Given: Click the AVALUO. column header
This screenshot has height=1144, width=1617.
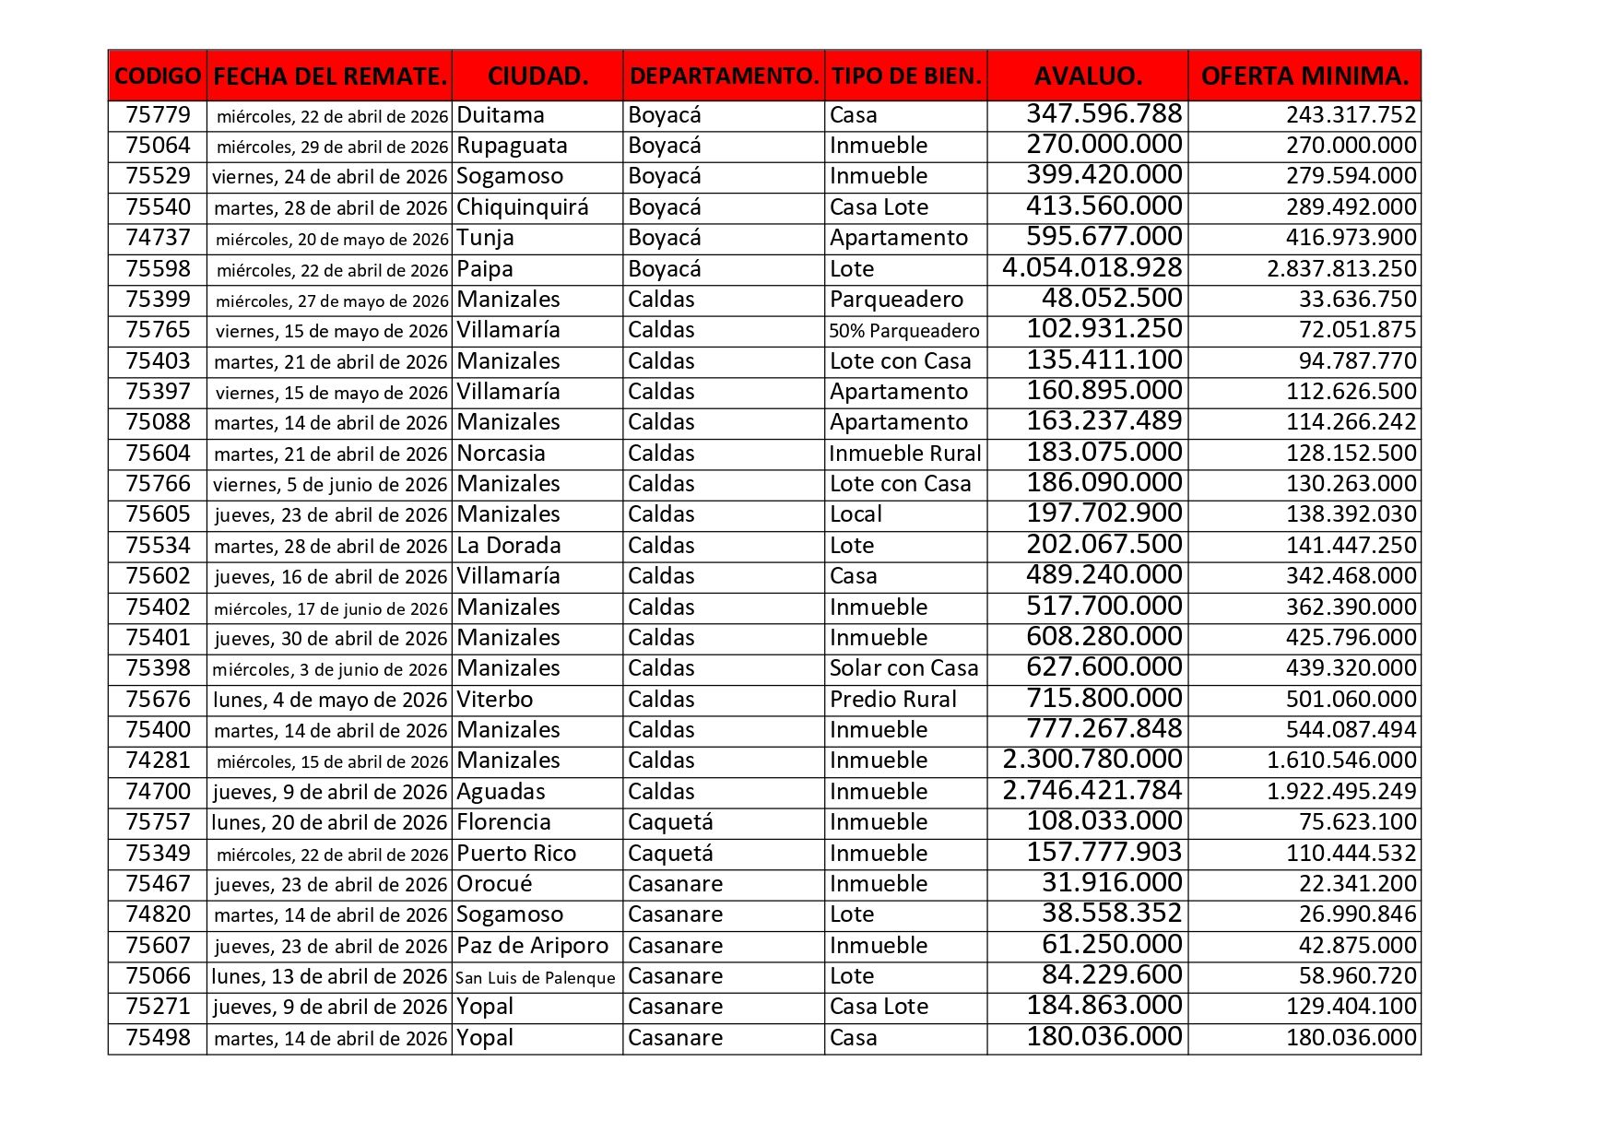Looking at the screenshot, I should tap(1087, 76).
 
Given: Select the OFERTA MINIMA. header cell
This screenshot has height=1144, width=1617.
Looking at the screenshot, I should tap(1304, 76).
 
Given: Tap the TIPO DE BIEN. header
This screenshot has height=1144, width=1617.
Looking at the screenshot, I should tap(905, 76).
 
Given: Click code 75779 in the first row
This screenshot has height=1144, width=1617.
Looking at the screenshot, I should tap(158, 115).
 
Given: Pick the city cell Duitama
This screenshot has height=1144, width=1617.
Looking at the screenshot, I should tap(501, 115).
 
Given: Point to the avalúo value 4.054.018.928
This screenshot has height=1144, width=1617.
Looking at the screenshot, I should tap(1092, 268).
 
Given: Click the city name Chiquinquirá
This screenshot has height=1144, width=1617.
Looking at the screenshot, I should tap(522, 207).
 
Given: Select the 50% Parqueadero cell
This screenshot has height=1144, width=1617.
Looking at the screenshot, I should tap(903, 331).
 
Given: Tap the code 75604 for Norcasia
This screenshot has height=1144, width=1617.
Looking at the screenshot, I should tap(158, 454).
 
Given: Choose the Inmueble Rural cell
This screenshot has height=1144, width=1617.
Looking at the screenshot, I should tap(904, 454).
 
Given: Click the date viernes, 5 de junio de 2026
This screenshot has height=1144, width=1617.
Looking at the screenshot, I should tap(330, 485).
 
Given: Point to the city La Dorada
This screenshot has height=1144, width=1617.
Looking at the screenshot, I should tap(508, 546).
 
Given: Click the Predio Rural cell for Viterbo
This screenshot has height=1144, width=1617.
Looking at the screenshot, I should tap(892, 700).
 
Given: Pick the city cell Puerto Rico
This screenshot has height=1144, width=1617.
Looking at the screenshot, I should tap(516, 854).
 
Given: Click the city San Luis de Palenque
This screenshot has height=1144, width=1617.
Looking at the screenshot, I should tap(535, 977).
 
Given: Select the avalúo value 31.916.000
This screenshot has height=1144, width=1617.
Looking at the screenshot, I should tap(1111, 883).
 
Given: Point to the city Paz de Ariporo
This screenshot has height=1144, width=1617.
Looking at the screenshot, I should tap(532, 946).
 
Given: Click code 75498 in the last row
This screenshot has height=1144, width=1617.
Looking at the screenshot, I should tap(158, 1038).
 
